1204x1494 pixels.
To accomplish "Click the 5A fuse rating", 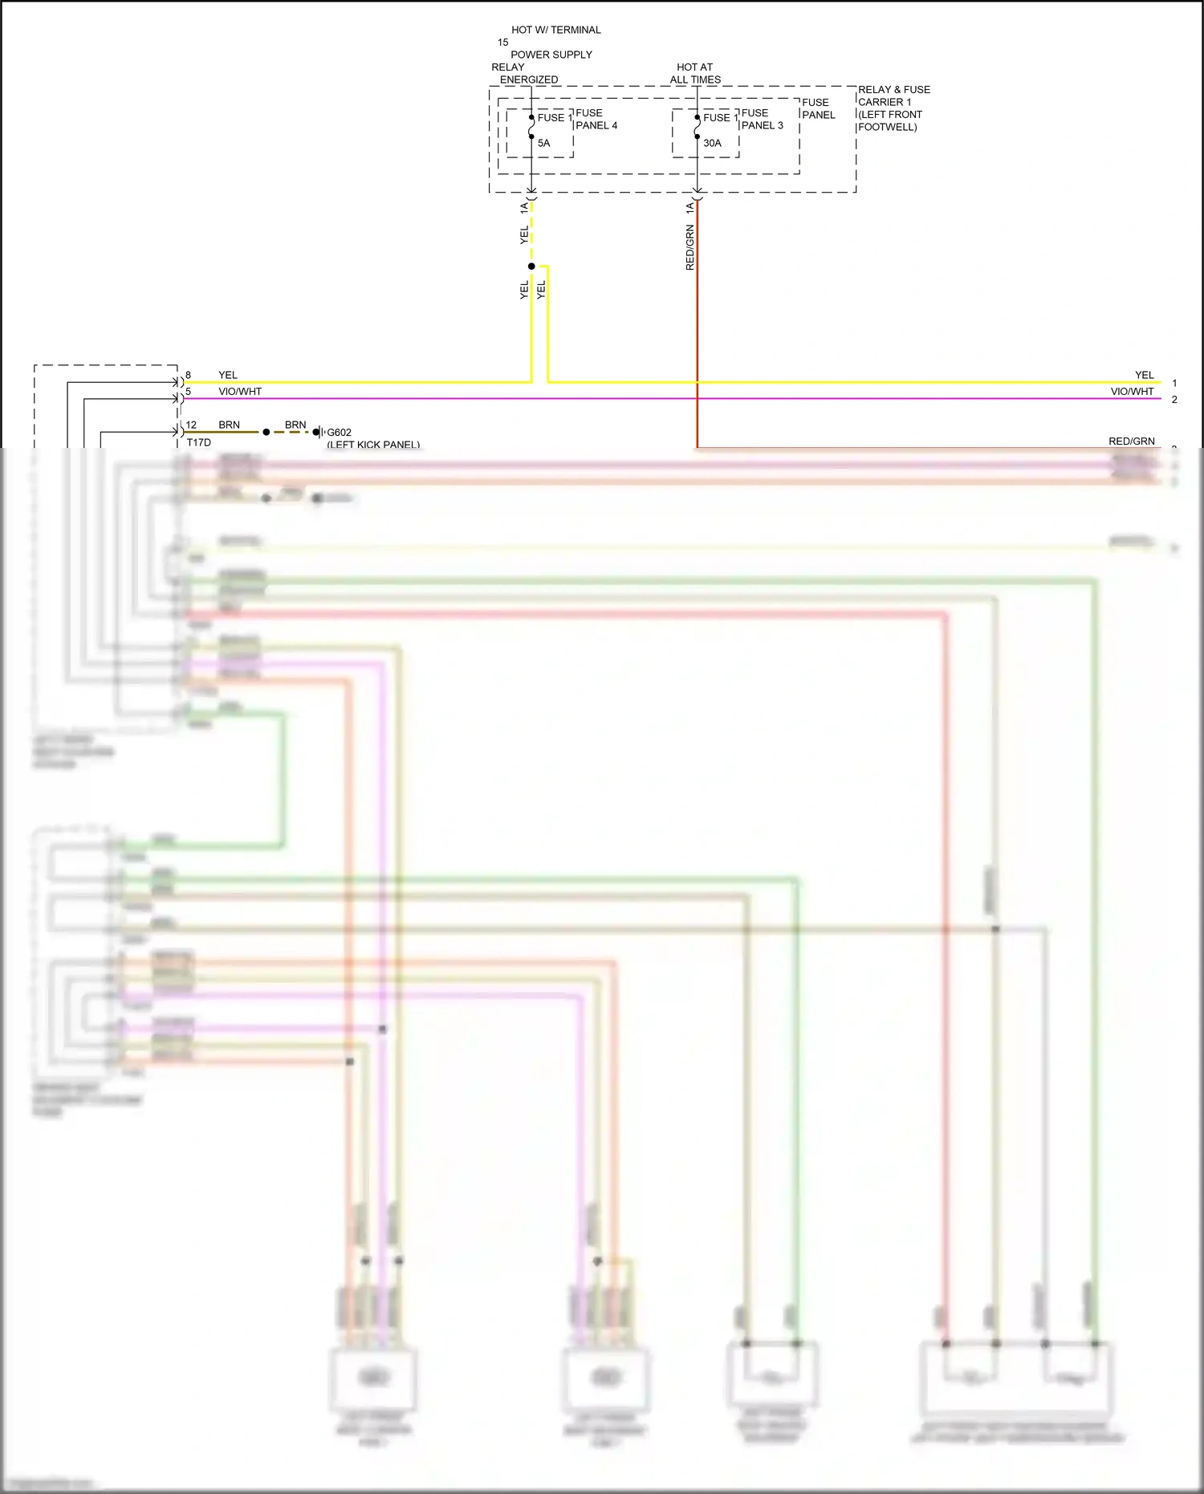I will (543, 143).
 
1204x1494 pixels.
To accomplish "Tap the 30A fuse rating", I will (712, 143).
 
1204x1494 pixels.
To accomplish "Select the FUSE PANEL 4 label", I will (596, 119).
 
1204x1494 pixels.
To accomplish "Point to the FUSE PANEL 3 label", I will (762, 119).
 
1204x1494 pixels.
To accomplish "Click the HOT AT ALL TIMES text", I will (695, 73).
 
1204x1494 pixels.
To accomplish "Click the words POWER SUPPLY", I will (551, 55).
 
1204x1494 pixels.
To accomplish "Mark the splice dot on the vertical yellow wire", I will (531, 266).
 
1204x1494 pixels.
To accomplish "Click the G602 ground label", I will (339, 432).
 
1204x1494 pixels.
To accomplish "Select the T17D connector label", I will (199, 442).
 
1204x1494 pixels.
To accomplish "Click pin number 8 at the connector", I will (189, 375).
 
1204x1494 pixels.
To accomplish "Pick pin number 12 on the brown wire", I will (191, 425).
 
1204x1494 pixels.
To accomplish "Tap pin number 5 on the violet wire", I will (189, 392).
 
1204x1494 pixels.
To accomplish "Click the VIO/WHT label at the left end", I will (240, 392).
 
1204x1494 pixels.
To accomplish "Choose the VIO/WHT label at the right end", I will (1132, 392).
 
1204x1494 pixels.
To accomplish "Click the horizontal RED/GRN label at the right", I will (1131, 441).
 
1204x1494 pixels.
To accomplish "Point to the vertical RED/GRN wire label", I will (689, 247).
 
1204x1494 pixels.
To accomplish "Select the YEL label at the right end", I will (1144, 375).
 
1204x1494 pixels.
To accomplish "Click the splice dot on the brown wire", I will (266, 432).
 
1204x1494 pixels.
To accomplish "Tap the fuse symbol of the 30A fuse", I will (697, 127).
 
